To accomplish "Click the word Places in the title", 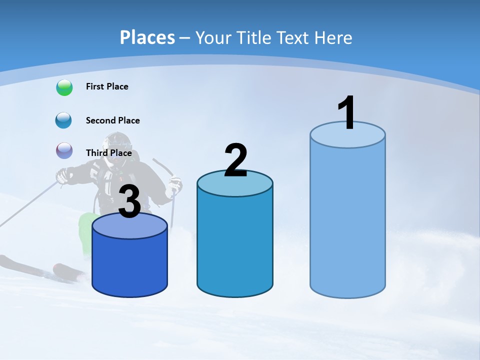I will tap(147, 37).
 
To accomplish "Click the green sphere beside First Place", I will tap(64, 87).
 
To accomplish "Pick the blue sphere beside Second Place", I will tap(64, 120).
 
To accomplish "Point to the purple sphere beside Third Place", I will tap(64, 150).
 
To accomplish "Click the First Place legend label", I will tap(107, 86).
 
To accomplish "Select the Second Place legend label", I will tap(112, 120).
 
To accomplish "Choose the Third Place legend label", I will tap(108, 153).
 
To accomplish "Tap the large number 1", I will tap(347, 112).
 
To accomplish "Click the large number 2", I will tap(235, 160).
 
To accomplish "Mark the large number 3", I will tap(129, 201).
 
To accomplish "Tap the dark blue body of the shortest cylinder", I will tap(129, 265).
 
